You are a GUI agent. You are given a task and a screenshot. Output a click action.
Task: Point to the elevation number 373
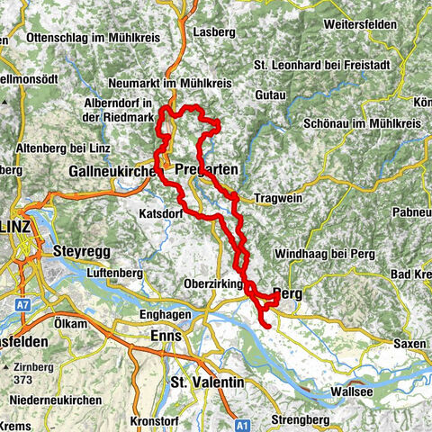pyautogui.click(x=25, y=380)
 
